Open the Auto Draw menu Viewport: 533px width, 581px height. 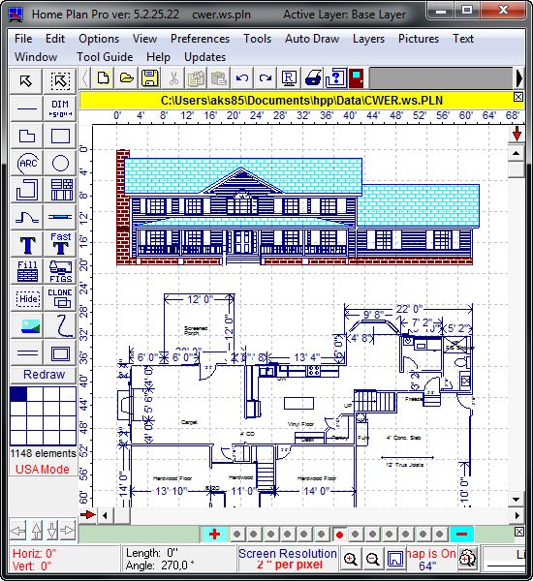click(312, 39)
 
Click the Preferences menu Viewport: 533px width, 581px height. click(200, 39)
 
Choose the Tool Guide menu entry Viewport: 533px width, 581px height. click(105, 57)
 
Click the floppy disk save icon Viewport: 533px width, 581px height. click(150, 78)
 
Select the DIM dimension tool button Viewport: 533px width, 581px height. click(60, 107)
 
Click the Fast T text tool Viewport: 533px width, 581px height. click(60, 242)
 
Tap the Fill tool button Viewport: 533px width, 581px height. click(27, 270)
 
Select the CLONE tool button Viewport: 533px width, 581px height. click(60, 296)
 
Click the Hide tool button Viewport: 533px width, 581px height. click(27, 298)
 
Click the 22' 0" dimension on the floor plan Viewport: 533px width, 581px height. click(411, 309)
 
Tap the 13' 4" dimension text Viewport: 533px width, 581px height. click(308, 357)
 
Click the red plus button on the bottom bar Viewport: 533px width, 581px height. click(214, 534)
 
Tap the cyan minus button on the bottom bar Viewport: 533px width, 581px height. click(461, 534)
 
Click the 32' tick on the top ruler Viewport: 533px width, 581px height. click(302, 116)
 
